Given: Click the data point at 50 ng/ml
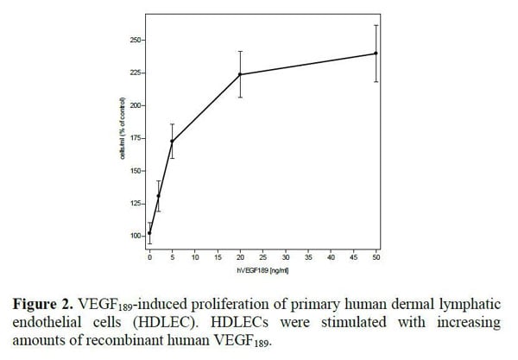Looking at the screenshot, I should point(376,54).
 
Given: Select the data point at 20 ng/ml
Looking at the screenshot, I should point(240,74).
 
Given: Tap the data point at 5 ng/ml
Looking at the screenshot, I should point(172,142).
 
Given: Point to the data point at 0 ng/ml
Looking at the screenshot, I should point(149,232).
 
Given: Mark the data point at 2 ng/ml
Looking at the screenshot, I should point(158,196).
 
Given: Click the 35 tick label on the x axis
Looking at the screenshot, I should point(308,257).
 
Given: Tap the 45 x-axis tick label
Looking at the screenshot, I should point(354,257).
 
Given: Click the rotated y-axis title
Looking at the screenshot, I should point(123,138).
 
